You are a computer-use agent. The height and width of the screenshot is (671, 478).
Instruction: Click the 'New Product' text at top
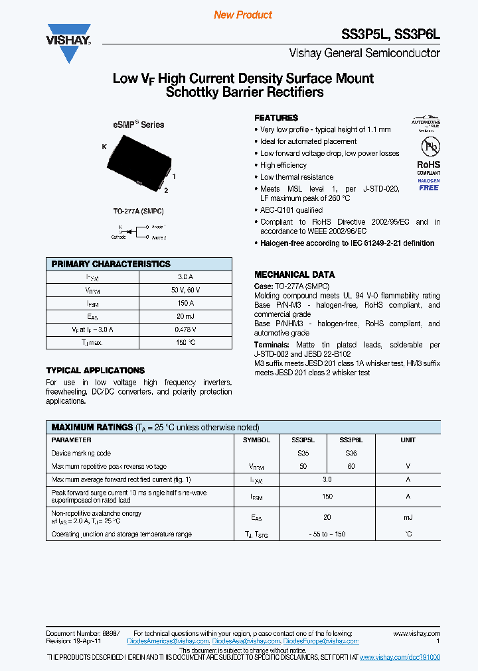coord(243,15)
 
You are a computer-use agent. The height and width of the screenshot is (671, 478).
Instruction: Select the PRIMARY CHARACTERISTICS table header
coord(111,264)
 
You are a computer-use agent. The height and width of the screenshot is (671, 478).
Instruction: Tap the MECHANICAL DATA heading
coord(295,274)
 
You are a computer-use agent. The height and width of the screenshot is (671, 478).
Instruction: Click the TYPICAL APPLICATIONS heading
coord(95,371)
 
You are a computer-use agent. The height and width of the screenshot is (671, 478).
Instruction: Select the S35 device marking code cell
coord(303,453)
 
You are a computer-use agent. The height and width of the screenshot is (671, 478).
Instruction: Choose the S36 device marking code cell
coord(351,453)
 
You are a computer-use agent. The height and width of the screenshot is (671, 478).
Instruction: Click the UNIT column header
coord(408,440)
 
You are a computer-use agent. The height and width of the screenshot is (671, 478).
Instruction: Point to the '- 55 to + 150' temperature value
coord(327,534)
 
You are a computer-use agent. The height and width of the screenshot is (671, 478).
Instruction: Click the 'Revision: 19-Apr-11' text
coord(73,641)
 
